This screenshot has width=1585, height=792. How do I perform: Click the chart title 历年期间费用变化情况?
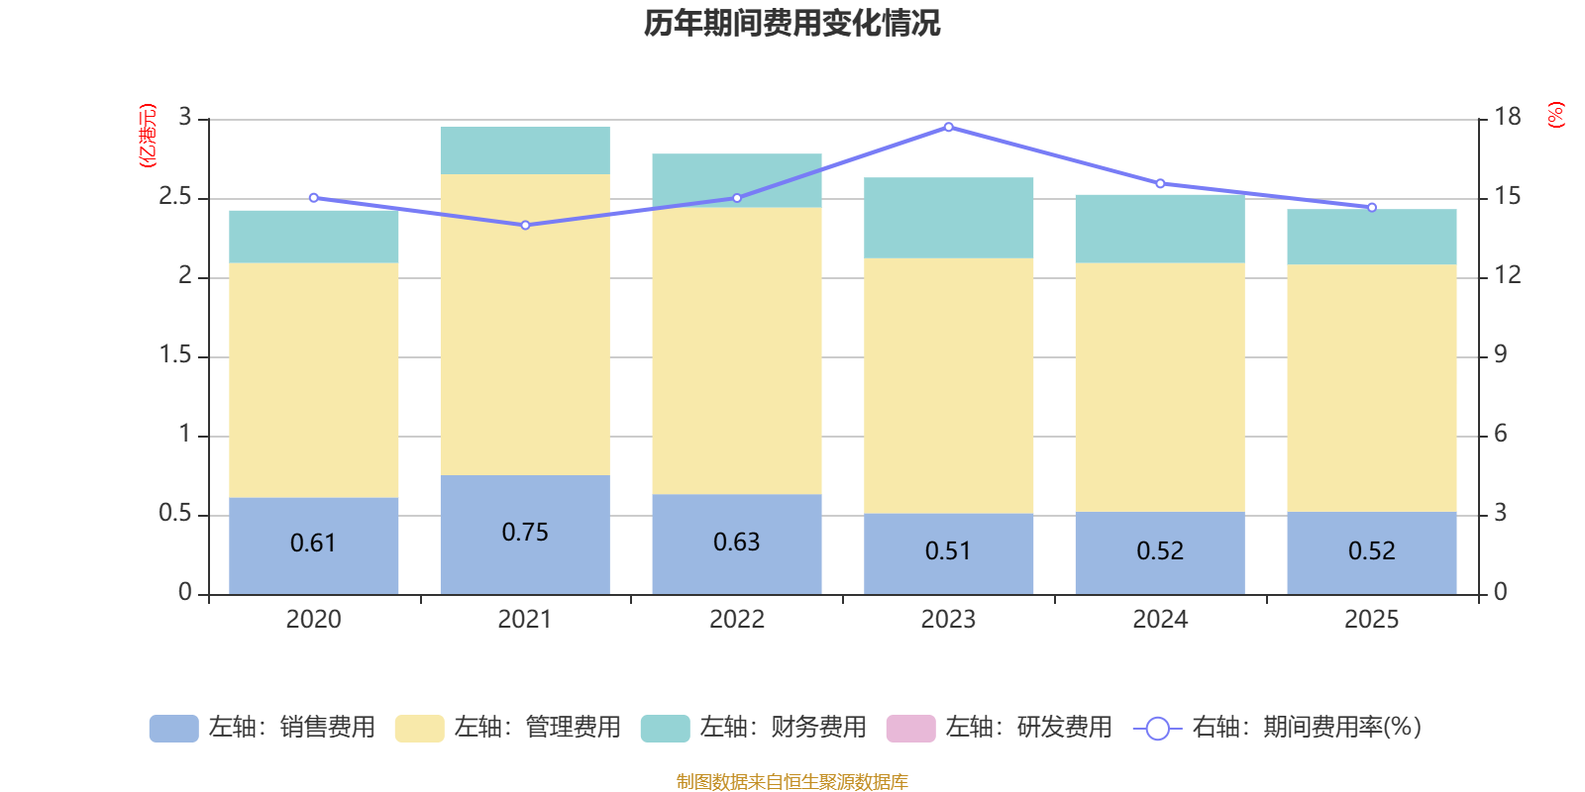tap(792, 23)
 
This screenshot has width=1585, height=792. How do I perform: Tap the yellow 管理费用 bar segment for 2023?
tap(948, 386)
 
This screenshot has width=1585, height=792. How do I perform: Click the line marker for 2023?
tap(948, 127)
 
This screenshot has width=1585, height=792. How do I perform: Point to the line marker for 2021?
tap(525, 225)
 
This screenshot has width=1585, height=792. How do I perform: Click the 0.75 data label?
tap(525, 533)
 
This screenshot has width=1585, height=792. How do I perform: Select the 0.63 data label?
tap(736, 543)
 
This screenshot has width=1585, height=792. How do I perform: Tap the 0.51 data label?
tap(948, 551)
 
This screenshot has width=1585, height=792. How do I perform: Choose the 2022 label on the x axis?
tap(736, 620)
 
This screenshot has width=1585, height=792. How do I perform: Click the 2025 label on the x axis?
tap(1371, 620)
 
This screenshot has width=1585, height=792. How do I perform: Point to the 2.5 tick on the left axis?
tap(175, 197)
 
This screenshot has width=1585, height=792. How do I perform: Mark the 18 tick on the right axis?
tap(1507, 117)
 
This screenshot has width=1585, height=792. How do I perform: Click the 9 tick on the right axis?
tap(1500, 354)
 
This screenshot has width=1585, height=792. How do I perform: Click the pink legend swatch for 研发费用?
tap(910, 728)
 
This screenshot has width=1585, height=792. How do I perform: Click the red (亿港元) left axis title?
tap(147, 136)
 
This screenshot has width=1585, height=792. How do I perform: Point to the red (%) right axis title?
tap(1555, 115)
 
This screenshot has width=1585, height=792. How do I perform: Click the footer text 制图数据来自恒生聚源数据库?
tap(792, 782)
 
